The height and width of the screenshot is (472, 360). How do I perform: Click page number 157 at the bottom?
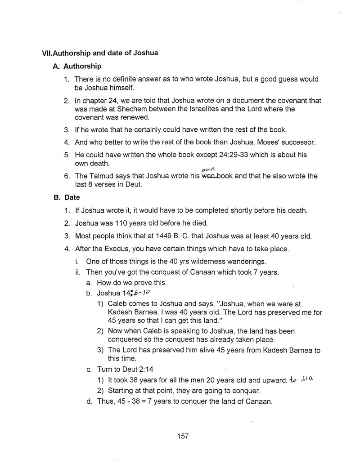pos(183,436)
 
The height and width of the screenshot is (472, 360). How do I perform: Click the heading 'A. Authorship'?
pos(77,66)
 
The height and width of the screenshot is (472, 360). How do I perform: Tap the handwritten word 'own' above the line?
pos(207,169)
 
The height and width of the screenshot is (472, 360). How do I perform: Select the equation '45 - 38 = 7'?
pos(135,401)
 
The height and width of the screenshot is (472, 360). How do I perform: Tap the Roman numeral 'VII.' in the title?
pos(47,53)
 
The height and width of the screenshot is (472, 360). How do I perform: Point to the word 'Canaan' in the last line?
pos(258,401)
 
